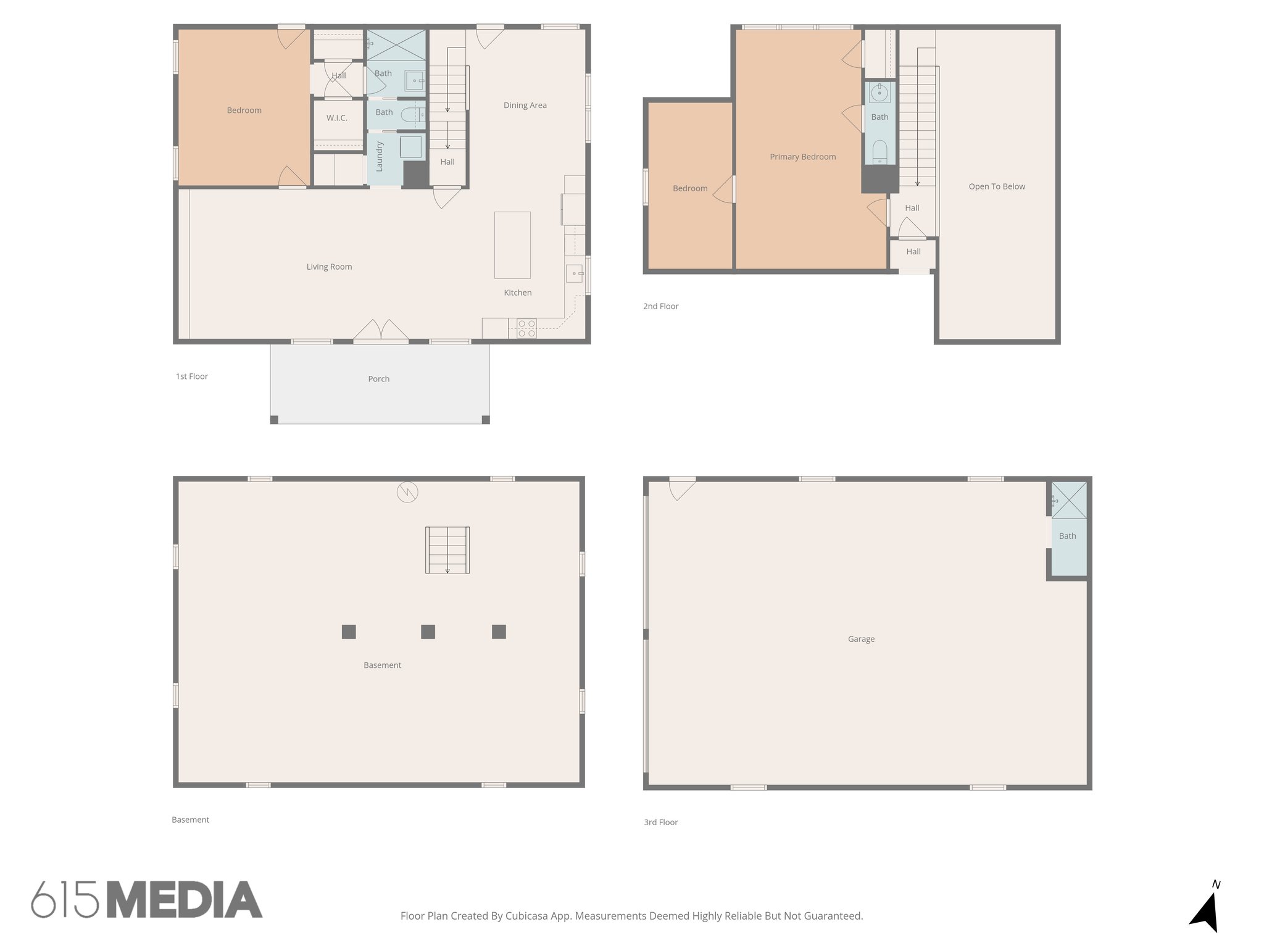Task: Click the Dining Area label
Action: click(x=525, y=106)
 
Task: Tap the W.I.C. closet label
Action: click(x=337, y=118)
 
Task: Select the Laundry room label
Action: click(x=380, y=156)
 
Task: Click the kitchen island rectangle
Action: click(x=512, y=245)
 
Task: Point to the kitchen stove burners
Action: click(x=526, y=328)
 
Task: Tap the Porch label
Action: click(x=379, y=379)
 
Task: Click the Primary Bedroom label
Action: click(x=802, y=157)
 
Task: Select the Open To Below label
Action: click(x=997, y=186)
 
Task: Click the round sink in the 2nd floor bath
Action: click(x=879, y=93)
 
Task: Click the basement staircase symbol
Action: click(x=447, y=550)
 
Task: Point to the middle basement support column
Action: click(x=428, y=632)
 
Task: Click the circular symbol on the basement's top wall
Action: click(x=407, y=492)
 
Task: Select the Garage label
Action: click(x=861, y=639)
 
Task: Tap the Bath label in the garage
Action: click(x=1067, y=536)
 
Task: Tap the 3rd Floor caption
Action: click(x=660, y=822)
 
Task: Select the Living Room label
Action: click(x=329, y=267)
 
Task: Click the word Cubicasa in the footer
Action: click(x=527, y=916)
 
